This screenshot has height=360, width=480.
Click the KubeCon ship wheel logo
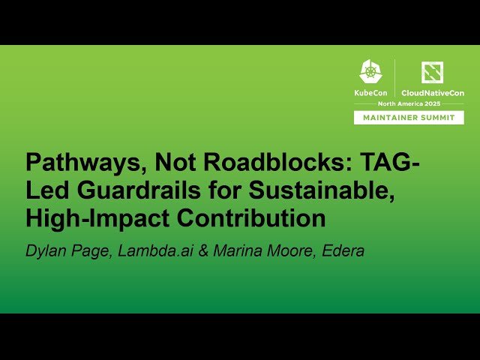pos(370,72)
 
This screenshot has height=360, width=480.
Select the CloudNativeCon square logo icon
pos(432,72)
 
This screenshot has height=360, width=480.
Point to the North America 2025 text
pos(409,104)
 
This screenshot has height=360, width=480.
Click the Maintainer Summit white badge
pos(409,117)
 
